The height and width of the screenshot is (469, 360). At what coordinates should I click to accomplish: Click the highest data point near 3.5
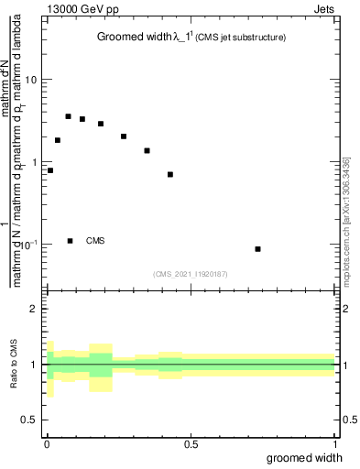[68, 116]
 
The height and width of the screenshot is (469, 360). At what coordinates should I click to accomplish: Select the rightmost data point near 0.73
[258, 249]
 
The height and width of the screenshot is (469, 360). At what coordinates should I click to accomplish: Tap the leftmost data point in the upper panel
[50, 170]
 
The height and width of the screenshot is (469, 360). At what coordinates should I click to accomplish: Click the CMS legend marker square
[71, 241]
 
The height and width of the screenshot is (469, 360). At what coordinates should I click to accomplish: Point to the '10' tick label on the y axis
[31, 80]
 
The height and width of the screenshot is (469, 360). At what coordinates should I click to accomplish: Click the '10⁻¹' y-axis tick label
[28, 244]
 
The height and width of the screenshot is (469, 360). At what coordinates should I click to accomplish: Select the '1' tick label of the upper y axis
[35, 162]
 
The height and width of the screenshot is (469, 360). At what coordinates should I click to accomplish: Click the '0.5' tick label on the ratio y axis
[30, 420]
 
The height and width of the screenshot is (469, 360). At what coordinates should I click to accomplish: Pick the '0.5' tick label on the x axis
[191, 444]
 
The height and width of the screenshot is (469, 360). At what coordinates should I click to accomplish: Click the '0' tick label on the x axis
[47, 444]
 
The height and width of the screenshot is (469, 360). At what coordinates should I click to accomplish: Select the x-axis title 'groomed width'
[305, 458]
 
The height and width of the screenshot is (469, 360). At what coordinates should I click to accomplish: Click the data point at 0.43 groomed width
[170, 174]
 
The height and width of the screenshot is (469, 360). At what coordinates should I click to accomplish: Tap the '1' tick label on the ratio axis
[35, 365]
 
